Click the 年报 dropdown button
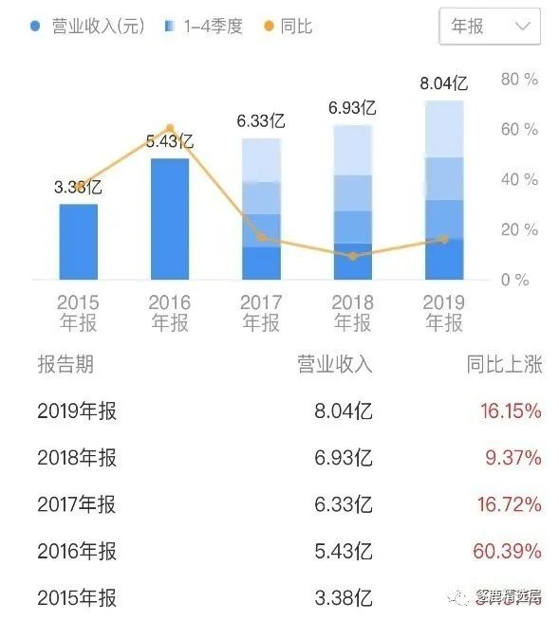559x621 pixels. pos(490,27)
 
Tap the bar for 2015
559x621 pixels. pos(79,242)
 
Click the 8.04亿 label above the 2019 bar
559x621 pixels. pos(444,84)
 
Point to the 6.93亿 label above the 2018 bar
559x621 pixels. pos(352,108)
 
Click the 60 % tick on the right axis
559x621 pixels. pos(519,129)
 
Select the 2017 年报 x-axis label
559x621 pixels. pos(261,313)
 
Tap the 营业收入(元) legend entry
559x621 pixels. pos(90,27)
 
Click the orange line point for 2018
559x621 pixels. pos(353,256)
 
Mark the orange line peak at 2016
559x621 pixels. pos(170,128)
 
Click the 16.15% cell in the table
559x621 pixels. pos(510,411)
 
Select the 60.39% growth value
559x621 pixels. pos(507,551)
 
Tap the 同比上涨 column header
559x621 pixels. pos(504,365)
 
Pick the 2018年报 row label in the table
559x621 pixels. pos(77,458)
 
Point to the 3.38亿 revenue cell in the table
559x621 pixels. pos(343,597)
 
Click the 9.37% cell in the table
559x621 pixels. pos(513,458)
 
